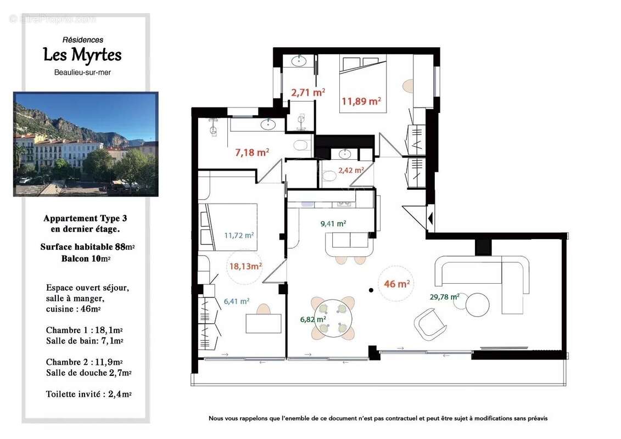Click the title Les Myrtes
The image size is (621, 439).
[82, 55]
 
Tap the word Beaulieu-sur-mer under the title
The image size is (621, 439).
[82, 72]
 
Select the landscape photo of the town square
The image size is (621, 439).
[86, 144]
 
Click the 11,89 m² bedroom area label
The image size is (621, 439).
[361, 101]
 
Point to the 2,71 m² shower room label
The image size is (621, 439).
[307, 92]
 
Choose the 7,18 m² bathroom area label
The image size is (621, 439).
[252, 152]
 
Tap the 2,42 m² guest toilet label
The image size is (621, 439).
[350, 170]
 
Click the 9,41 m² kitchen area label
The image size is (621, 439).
[333, 223]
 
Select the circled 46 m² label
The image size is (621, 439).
[397, 284]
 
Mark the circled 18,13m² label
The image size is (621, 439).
[245, 266]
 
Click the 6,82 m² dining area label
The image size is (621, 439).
[313, 319]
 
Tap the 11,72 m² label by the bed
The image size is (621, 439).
[239, 235]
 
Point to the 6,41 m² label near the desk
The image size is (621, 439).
[236, 301]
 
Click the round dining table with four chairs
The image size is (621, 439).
[333, 318]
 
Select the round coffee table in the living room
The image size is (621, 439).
[477, 305]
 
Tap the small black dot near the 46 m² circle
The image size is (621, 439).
[371, 290]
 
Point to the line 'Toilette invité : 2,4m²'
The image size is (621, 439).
[88, 393]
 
